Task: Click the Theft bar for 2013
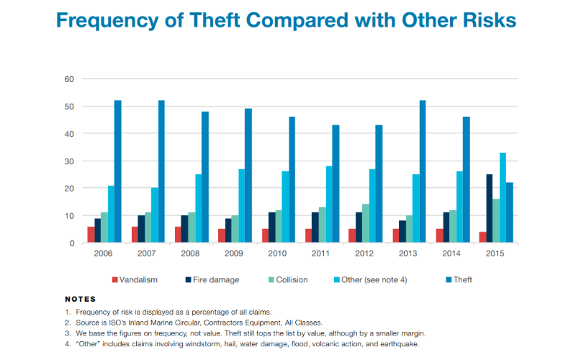click(423, 172)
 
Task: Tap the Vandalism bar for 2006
click(91, 235)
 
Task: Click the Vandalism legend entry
click(136, 279)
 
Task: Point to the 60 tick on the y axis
click(70, 79)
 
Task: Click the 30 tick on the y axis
click(70, 161)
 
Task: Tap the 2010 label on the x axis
click(278, 254)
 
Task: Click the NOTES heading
click(80, 298)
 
